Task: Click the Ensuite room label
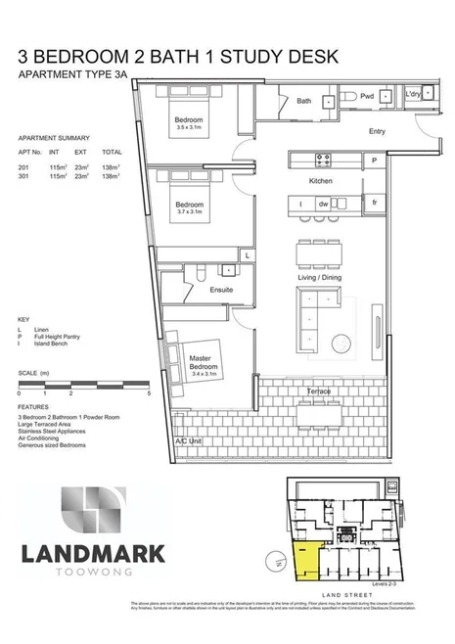pyautogui.click(x=221, y=291)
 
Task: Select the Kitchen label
pyautogui.click(x=323, y=182)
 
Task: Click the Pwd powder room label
pyautogui.click(x=368, y=98)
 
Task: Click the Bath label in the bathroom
pyautogui.click(x=304, y=101)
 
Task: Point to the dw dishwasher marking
pyautogui.click(x=323, y=204)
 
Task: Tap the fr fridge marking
pyautogui.click(x=375, y=203)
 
